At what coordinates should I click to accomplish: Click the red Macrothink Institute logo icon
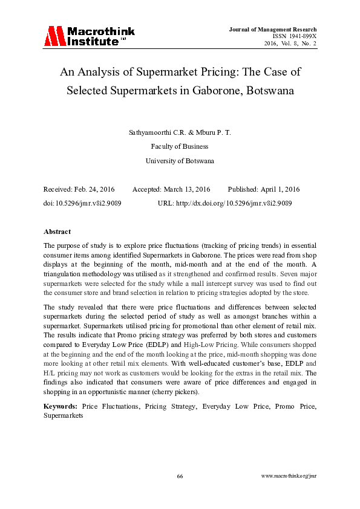tap(54, 36)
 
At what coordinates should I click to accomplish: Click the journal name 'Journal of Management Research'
tap(273, 29)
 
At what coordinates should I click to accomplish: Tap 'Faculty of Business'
tap(180, 146)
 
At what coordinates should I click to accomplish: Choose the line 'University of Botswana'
tap(180, 161)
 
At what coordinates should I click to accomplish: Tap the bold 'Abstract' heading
tap(57, 232)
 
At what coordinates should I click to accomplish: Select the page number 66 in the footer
tap(180, 476)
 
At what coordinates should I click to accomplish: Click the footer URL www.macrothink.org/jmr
tap(289, 476)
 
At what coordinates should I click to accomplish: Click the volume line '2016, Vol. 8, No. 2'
tap(290, 44)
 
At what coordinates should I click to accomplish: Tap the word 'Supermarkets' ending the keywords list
tap(63, 416)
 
